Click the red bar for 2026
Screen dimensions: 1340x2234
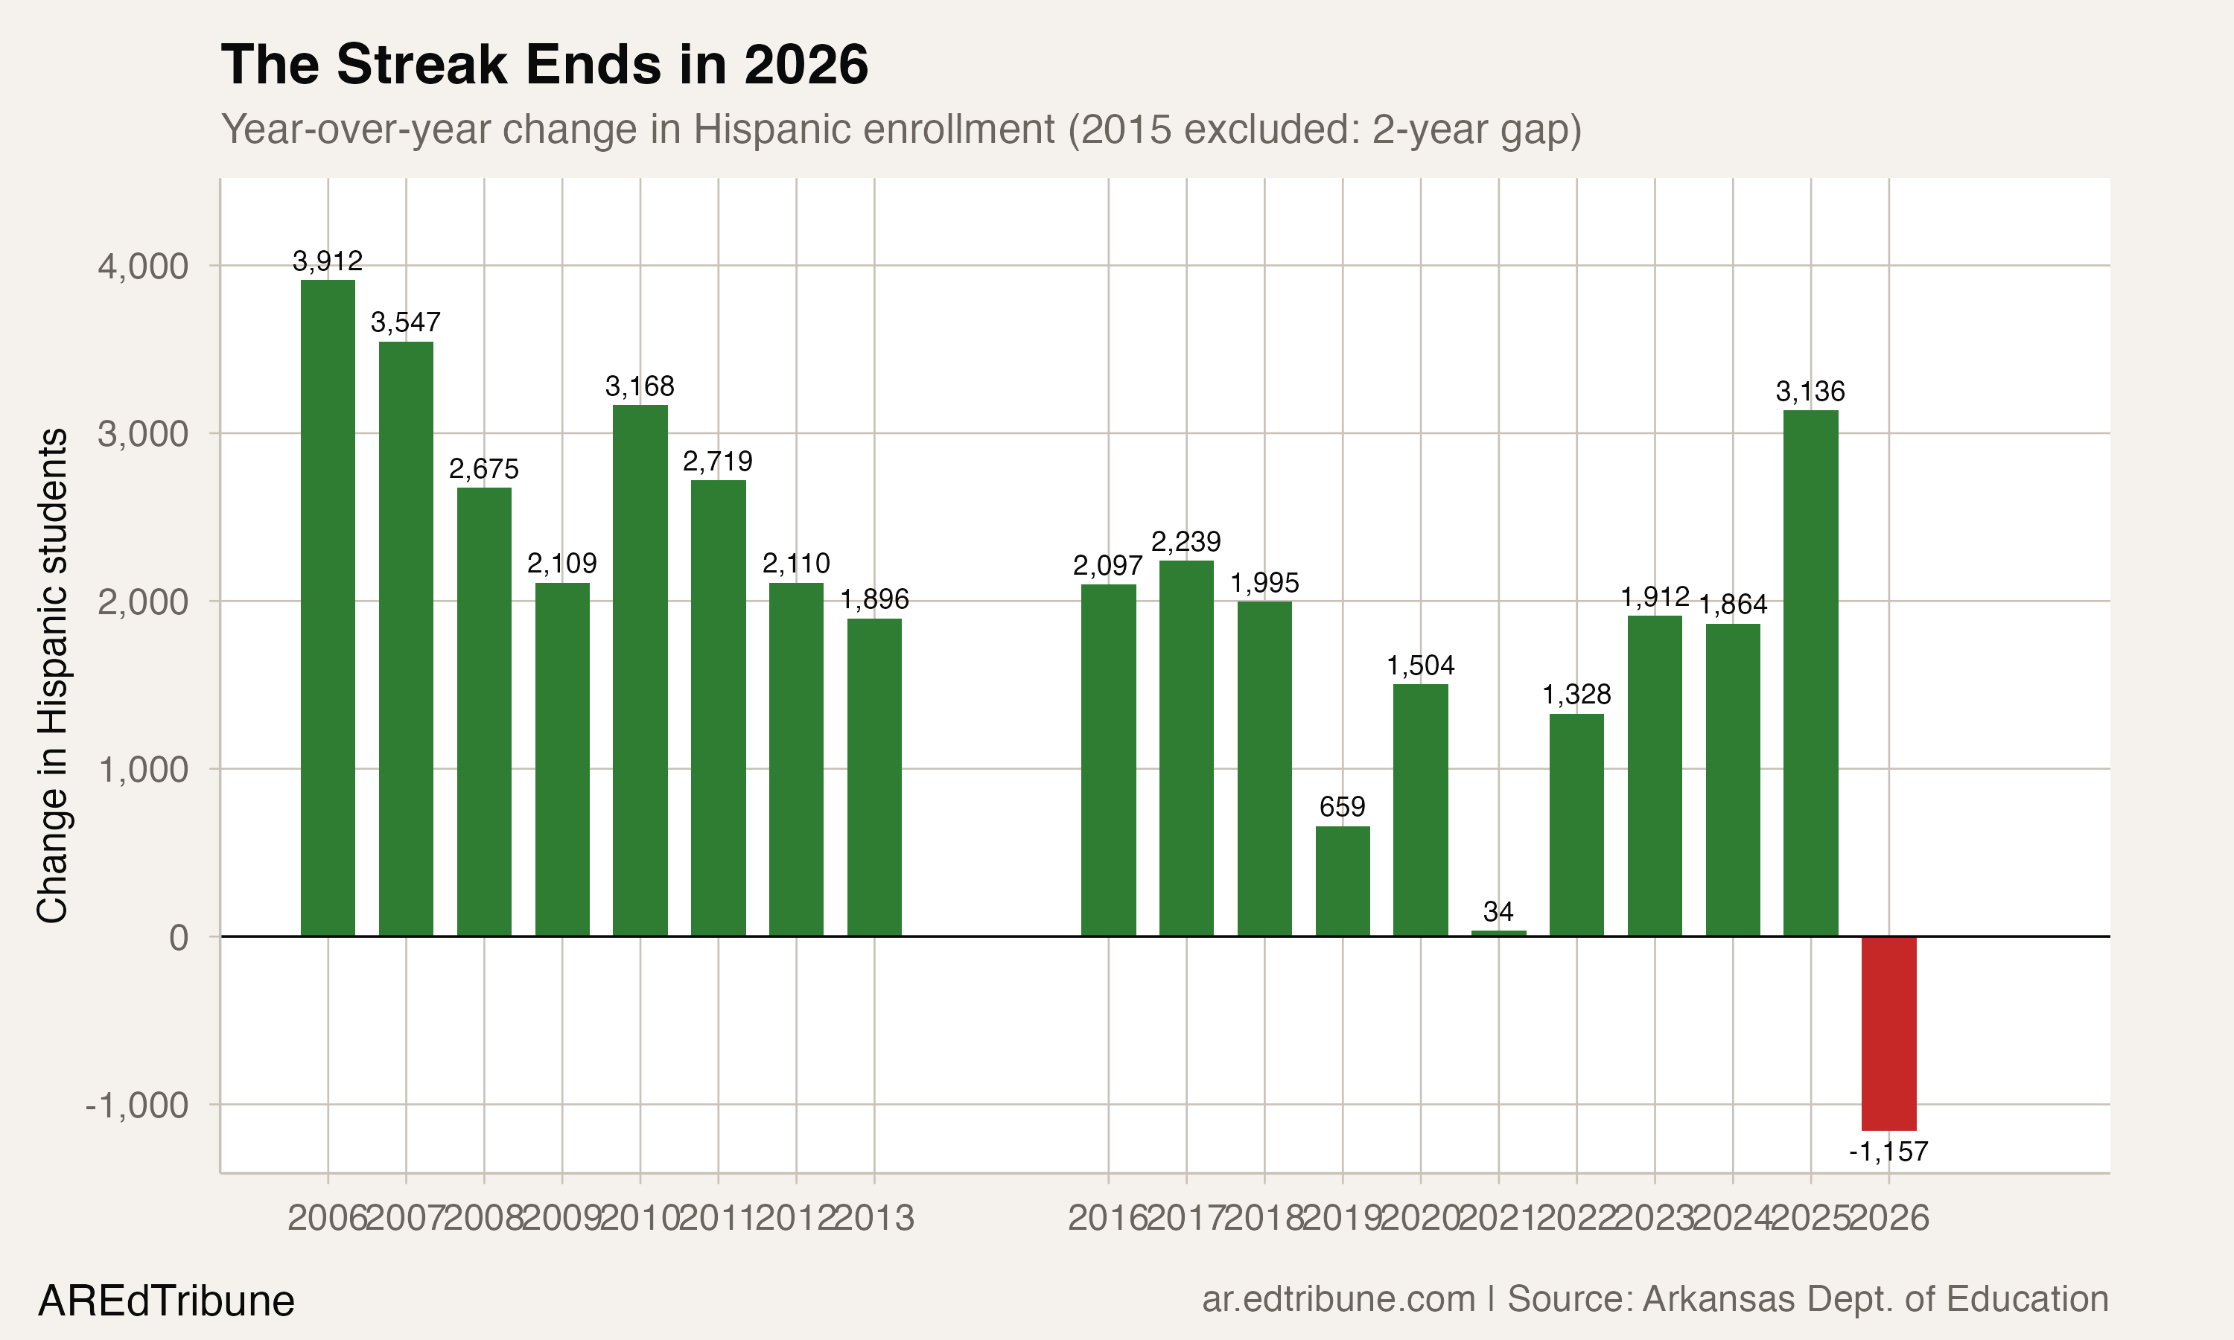[x=1888, y=1033]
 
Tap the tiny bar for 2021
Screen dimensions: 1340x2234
[x=1498, y=933]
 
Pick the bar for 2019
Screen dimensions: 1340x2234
[x=1342, y=881]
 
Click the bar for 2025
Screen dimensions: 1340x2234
[x=1810, y=673]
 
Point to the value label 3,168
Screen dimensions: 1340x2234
[x=640, y=386]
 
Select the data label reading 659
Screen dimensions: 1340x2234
[x=1342, y=806]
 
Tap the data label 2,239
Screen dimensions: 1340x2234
[x=1186, y=542]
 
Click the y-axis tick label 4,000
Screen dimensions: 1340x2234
[x=143, y=267]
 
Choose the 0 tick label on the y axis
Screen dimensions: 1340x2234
[x=178, y=937]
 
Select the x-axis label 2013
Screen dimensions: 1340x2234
[x=873, y=1218]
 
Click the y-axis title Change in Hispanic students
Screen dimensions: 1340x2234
[x=52, y=675]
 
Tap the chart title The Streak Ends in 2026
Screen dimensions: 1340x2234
[x=544, y=65]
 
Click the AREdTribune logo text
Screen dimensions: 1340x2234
[x=166, y=1301]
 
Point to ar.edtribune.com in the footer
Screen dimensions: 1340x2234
[x=1337, y=1298]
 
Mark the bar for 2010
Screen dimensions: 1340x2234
[x=640, y=670]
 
